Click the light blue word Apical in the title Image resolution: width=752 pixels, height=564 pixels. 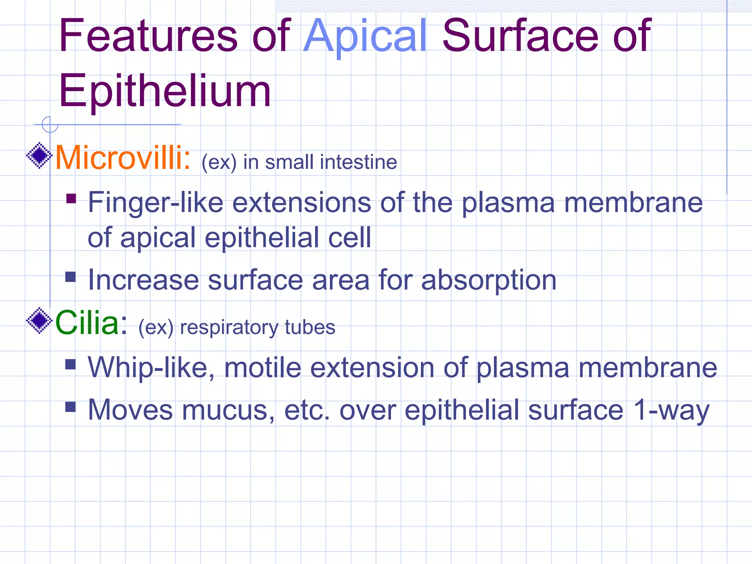[x=365, y=37]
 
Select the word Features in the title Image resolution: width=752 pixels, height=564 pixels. [x=148, y=37]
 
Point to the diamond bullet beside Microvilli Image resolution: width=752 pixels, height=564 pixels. [x=39, y=156]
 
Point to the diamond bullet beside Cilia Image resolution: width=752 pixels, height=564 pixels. [x=39, y=321]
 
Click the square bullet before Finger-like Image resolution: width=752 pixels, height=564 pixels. [x=71, y=199]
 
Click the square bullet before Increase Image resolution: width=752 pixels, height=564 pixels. [x=70, y=276]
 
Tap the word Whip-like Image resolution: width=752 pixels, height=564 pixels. [x=151, y=368]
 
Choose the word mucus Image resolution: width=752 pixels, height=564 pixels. [x=228, y=410]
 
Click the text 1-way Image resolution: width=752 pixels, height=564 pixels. [x=672, y=410]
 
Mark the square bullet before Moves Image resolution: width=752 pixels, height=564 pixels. [x=70, y=406]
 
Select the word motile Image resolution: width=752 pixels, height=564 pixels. [x=263, y=368]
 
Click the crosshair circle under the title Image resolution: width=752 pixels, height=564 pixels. [x=50, y=124]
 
